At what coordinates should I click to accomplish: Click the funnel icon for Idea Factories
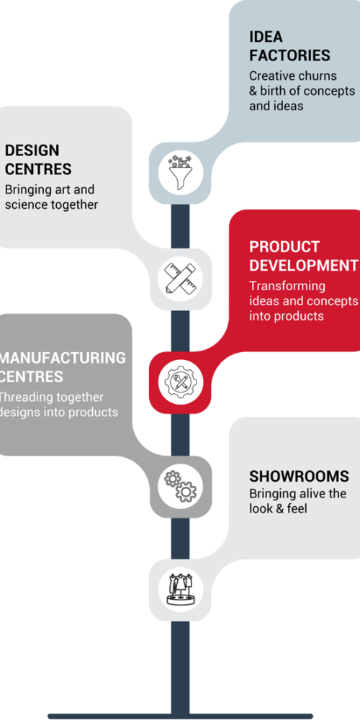(x=180, y=173)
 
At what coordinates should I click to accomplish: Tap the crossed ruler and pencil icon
(x=180, y=278)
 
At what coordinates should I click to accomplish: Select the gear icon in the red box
(x=180, y=381)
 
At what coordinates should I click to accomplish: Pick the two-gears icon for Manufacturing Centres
(x=180, y=485)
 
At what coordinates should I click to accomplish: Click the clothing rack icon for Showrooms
(x=180, y=589)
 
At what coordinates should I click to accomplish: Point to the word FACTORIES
(x=289, y=55)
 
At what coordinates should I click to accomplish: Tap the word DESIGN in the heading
(x=32, y=150)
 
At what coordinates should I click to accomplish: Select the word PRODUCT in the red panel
(x=284, y=246)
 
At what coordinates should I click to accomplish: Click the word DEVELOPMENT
(x=304, y=266)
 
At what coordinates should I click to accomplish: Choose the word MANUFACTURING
(x=63, y=358)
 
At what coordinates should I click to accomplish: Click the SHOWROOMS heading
(x=299, y=476)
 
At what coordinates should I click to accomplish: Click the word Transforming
(x=287, y=287)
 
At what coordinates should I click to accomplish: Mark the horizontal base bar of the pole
(x=180, y=716)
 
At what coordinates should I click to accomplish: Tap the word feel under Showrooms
(x=297, y=509)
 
